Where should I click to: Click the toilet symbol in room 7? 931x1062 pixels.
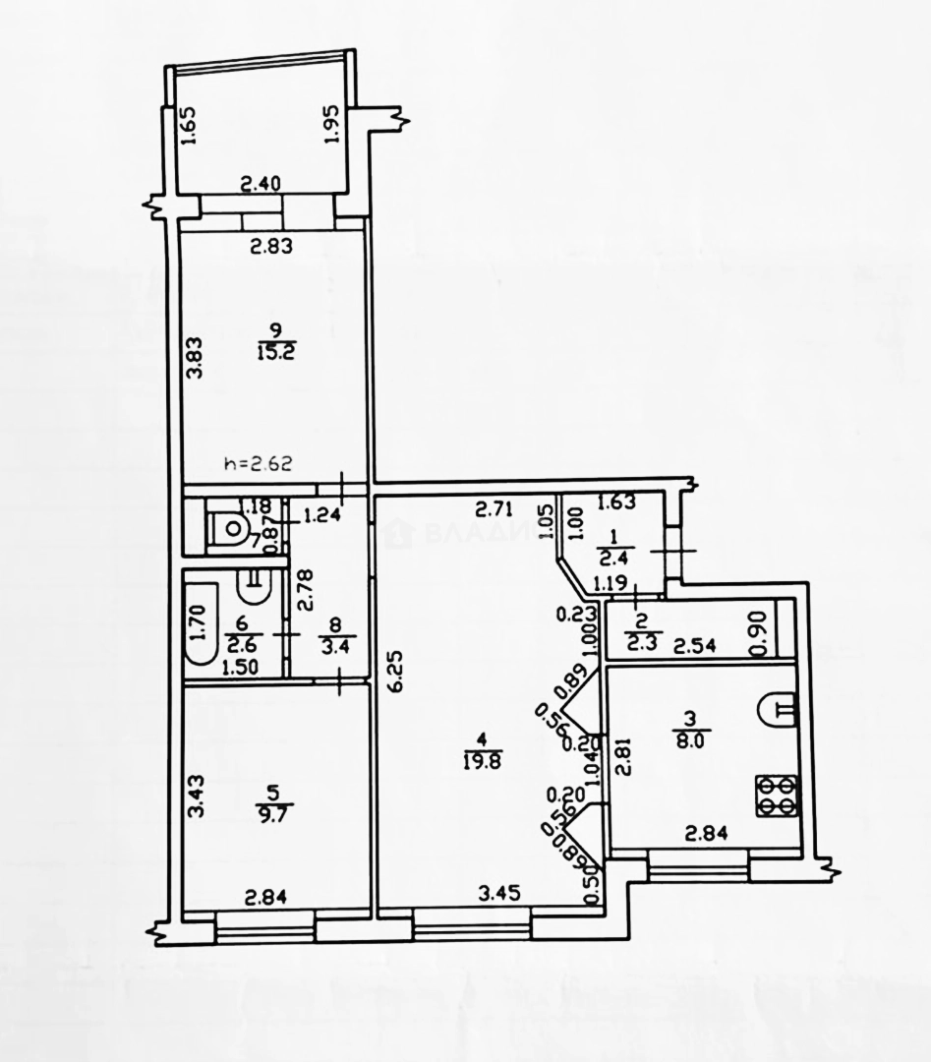click(231, 530)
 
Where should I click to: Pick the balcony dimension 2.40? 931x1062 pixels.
click(262, 183)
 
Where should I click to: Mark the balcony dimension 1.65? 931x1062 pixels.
click(191, 125)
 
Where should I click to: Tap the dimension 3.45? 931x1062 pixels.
click(497, 895)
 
